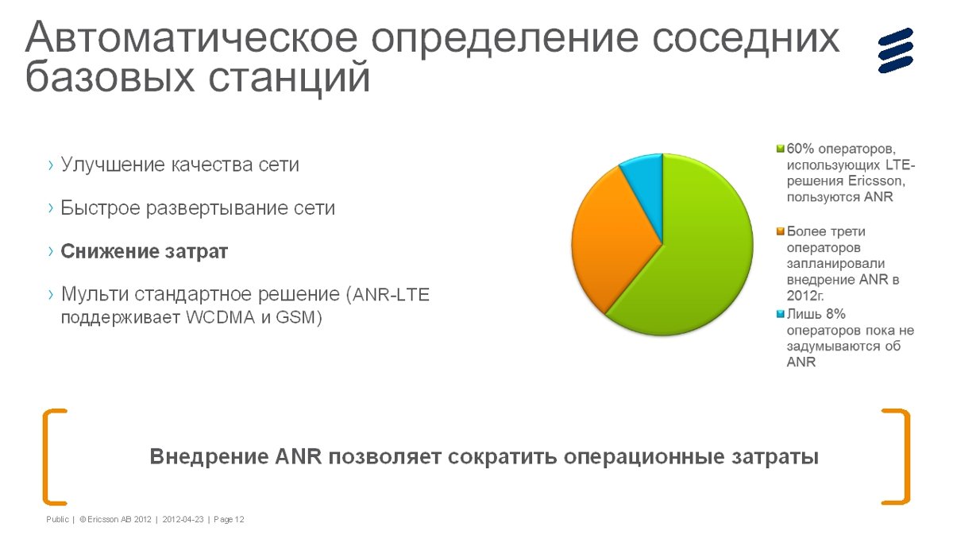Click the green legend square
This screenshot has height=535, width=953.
point(780,149)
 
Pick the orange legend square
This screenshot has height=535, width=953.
point(780,231)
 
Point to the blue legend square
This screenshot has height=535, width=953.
point(780,314)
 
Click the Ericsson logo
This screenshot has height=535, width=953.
point(896,50)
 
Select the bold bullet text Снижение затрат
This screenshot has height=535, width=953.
point(145,251)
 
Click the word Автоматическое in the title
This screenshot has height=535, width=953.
point(191,37)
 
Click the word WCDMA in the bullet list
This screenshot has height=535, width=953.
point(221,318)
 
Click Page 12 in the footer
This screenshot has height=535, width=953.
point(229,520)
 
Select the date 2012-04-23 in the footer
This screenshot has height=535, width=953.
point(183,520)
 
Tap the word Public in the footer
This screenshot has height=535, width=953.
point(57,520)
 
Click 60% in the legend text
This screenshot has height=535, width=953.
point(801,149)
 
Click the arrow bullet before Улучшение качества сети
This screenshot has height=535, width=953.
point(51,165)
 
